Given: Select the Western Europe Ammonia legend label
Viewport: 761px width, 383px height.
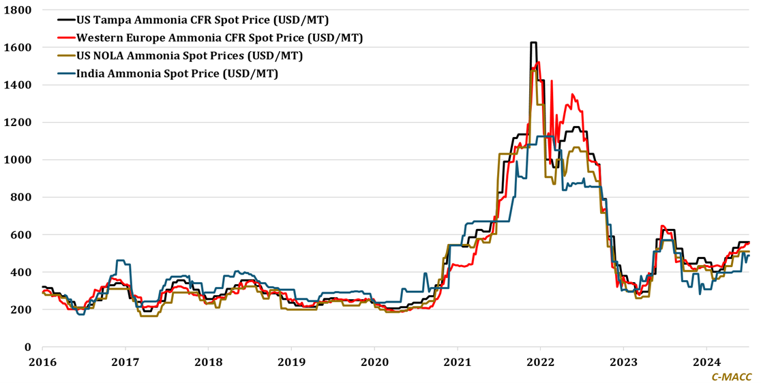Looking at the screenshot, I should point(220,37).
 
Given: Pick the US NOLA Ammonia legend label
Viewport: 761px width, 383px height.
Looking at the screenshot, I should point(190,56).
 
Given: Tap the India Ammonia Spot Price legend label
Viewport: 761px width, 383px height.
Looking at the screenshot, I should point(177,74).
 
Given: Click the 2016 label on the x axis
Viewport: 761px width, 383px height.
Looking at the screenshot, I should point(42,361).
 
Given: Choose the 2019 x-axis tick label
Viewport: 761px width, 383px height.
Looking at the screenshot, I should point(291,361).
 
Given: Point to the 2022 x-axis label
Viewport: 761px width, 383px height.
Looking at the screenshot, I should point(540,361).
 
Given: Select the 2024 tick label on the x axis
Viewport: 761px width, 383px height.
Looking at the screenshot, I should point(706,361).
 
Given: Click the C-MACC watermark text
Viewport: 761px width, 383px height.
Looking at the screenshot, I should point(732,376).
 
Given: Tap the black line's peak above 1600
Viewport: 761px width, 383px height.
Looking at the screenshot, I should point(533,43).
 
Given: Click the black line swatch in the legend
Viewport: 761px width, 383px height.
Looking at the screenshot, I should point(65,20).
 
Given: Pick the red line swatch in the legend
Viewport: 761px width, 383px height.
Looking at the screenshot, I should point(65,38).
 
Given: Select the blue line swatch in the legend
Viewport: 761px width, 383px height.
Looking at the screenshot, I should point(65,74).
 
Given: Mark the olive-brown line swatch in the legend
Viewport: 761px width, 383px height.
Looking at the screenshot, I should point(65,56).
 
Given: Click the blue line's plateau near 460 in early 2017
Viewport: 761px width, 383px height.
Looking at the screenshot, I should point(121,260).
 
